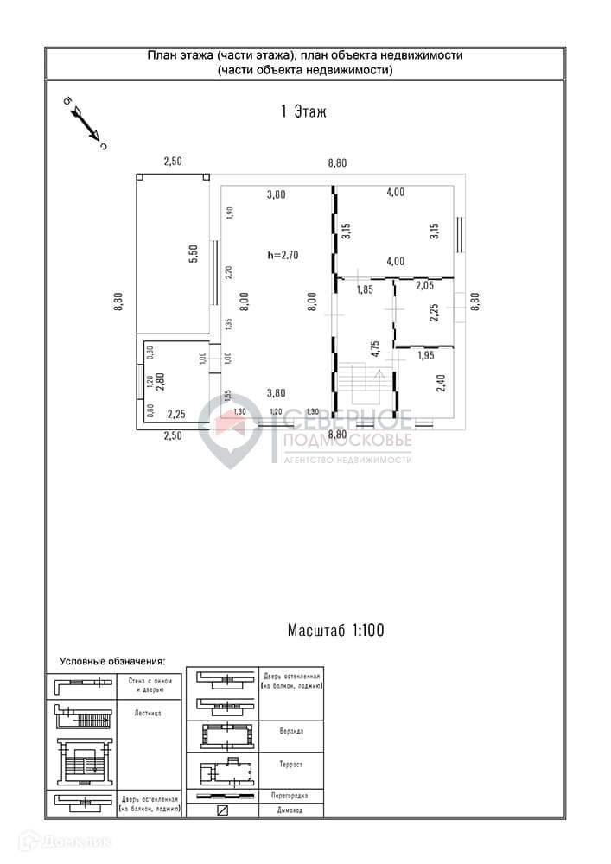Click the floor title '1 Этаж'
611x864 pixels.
(303, 111)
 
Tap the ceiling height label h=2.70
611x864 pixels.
(283, 255)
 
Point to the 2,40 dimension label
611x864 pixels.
(441, 381)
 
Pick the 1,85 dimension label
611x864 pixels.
(364, 289)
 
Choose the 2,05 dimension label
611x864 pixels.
(423, 285)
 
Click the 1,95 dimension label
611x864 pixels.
(425, 355)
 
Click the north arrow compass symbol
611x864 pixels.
(85, 122)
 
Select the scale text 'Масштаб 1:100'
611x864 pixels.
(335, 631)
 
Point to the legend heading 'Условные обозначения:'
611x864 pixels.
(111, 661)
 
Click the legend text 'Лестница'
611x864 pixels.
(147, 714)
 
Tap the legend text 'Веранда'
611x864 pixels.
(290, 730)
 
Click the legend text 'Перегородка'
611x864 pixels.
(290, 795)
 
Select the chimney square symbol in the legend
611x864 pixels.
(222, 810)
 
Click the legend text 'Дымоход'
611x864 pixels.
(290, 810)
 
